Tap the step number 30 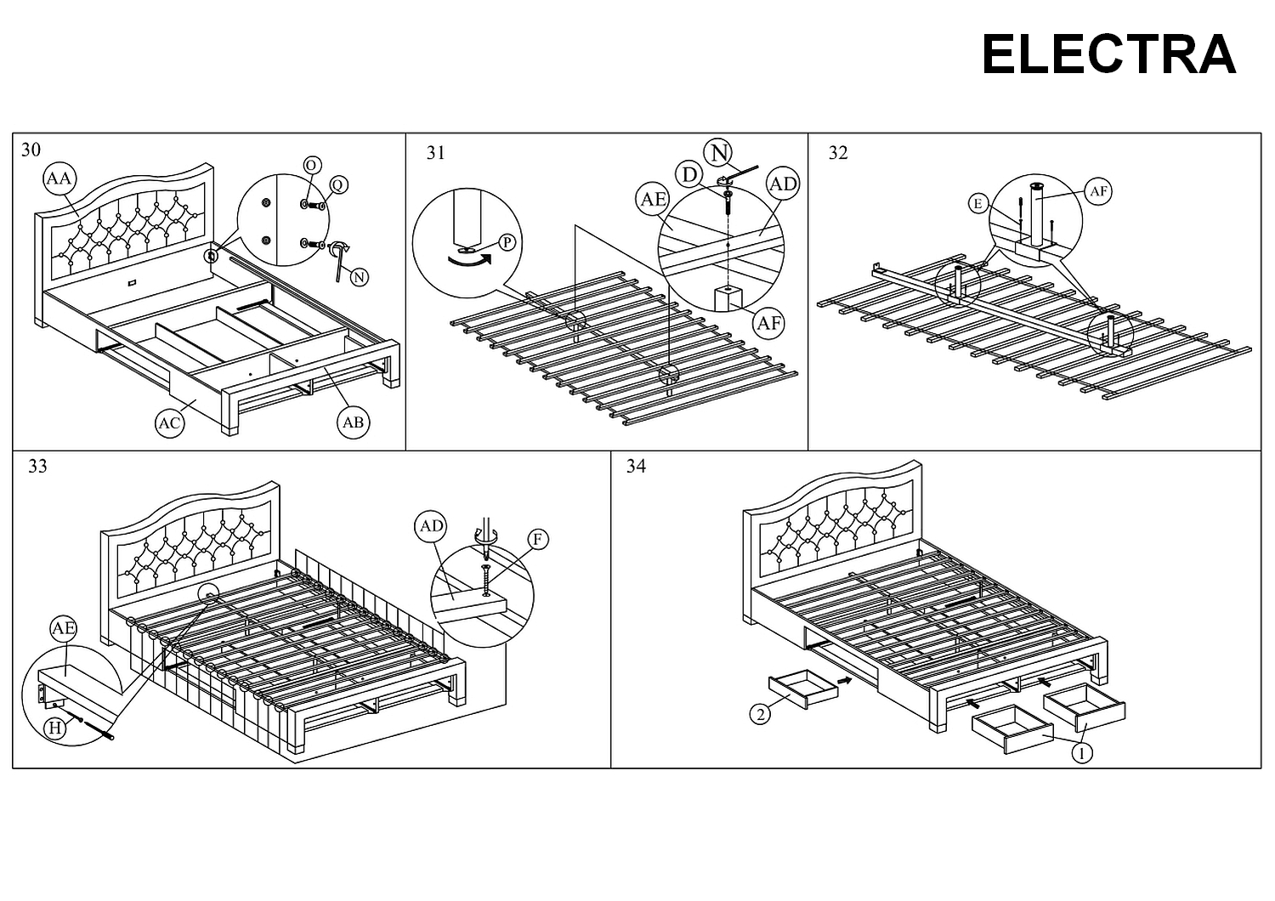(31, 150)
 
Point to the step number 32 (838, 153)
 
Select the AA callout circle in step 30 (59, 179)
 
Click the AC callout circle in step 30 (171, 423)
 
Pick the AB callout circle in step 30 (354, 422)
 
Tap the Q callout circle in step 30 (338, 185)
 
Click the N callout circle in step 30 (360, 277)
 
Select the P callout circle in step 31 (507, 242)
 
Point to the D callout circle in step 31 (689, 175)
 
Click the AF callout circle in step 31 (768, 323)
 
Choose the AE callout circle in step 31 (653, 199)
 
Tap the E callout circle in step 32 (978, 203)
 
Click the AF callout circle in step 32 (1099, 191)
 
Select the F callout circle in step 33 (537, 539)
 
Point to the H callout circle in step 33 (56, 728)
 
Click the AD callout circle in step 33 (432, 526)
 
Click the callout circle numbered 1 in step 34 (1082, 752)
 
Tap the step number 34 (636, 466)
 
